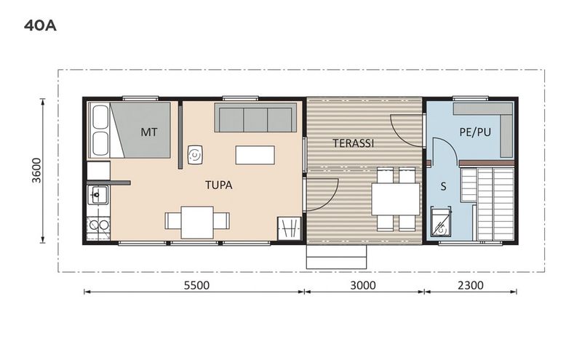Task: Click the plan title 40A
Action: coord(40,27)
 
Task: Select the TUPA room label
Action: coord(218,185)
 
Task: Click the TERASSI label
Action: coord(354,143)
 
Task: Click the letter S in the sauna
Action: coord(442,187)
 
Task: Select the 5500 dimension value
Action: coord(196,285)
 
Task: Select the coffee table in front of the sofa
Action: coord(255,155)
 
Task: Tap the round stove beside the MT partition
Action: coord(196,154)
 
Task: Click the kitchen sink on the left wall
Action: coord(97,195)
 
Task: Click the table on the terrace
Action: coord(395,199)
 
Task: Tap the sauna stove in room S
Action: coord(441,223)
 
